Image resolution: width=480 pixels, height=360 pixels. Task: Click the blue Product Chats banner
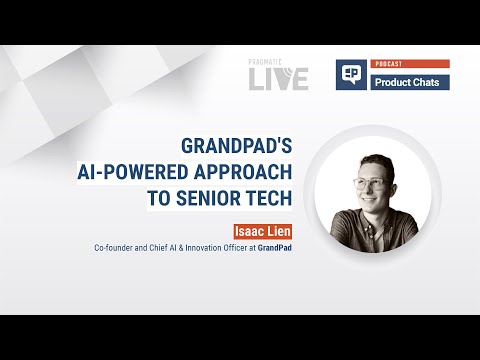click(411, 81)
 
